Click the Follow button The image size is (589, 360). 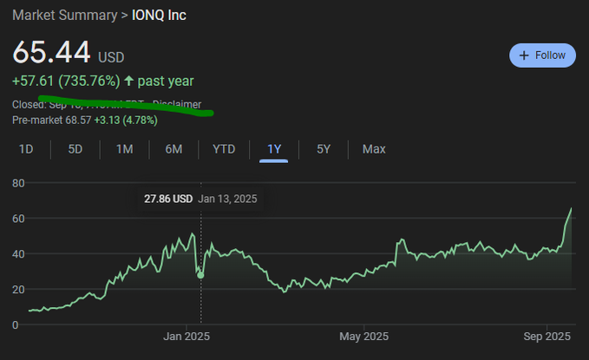(542, 55)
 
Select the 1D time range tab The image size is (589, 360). (26, 149)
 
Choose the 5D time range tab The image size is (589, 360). (75, 149)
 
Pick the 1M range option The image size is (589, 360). (124, 149)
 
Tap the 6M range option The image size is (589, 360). (173, 149)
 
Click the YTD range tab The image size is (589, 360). (224, 149)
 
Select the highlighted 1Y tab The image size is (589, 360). (274, 149)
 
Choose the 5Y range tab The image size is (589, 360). (324, 149)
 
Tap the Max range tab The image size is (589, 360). (374, 149)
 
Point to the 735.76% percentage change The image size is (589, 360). (89, 81)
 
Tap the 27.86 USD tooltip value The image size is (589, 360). (168, 199)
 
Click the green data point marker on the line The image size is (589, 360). (200, 275)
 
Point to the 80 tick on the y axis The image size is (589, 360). (17, 183)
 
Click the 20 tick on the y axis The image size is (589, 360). (17, 289)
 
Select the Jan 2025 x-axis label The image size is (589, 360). (187, 337)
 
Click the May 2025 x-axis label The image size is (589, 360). (363, 337)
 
